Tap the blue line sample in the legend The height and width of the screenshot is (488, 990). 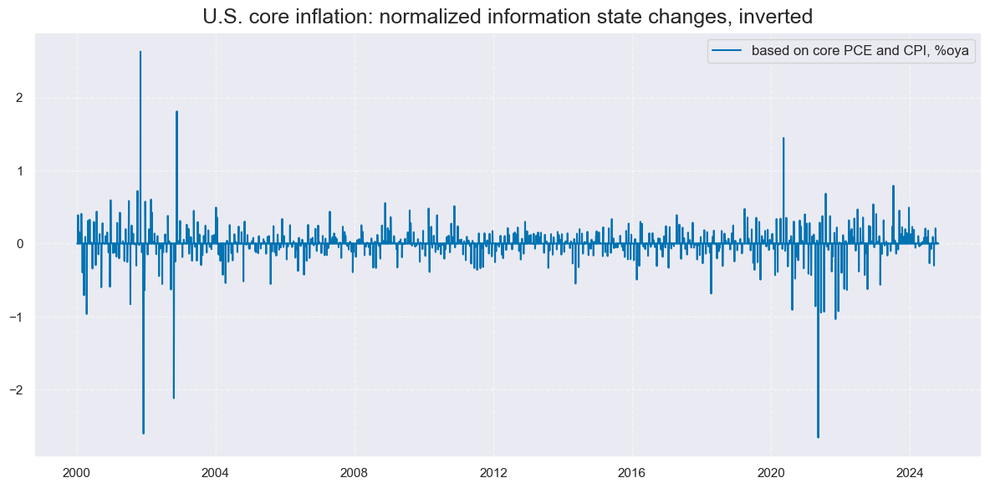tap(727, 51)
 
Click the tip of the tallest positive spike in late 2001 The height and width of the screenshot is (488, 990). tap(140, 52)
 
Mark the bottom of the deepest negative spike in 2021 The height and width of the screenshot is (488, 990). tap(818, 437)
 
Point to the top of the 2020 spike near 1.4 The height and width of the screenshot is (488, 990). tap(783, 138)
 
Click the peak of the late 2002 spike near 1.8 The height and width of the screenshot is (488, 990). tap(176, 111)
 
